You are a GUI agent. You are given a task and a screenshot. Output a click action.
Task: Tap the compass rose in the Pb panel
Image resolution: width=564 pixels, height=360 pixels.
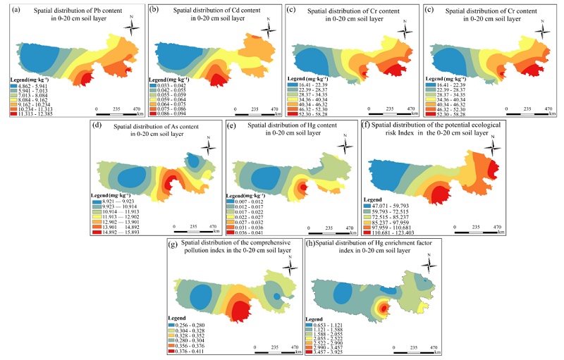[131, 27]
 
